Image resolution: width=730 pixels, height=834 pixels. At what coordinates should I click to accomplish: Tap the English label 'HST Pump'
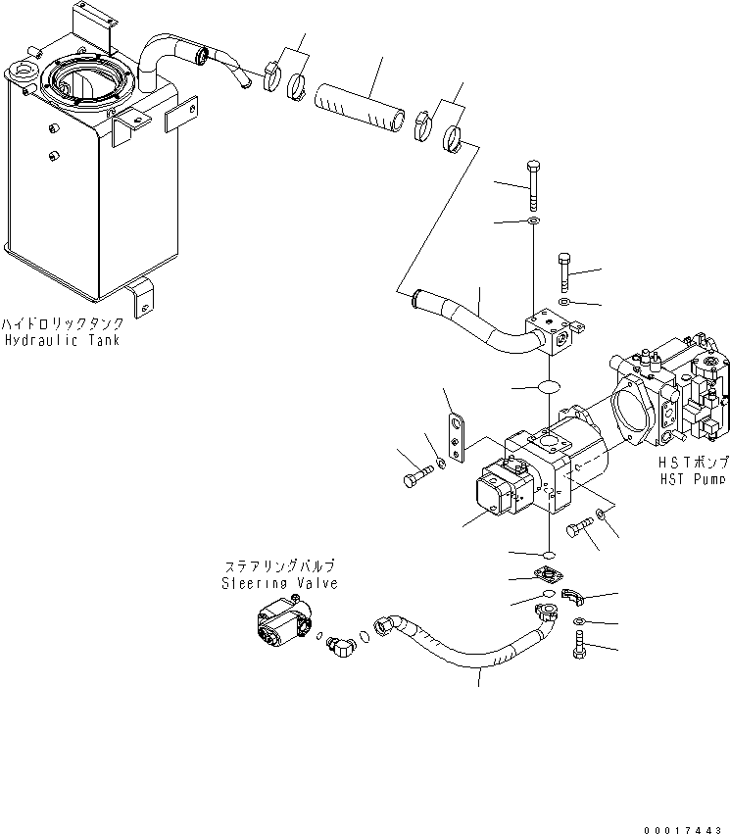click(693, 479)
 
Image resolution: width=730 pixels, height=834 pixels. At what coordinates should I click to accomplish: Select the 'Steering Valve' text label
click(279, 583)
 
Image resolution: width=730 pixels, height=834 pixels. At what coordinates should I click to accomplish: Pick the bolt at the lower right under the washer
click(579, 646)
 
